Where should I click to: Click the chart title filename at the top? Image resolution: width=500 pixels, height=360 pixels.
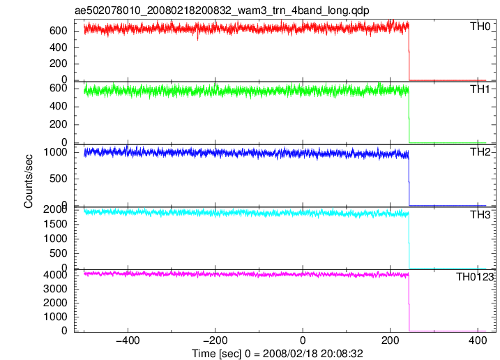[x=222, y=10]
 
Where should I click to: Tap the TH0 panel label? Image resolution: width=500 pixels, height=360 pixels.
[x=480, y=27]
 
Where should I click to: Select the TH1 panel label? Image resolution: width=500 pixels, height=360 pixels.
[x=480, y=89]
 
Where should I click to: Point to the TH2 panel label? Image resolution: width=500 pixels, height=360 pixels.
[x=480, y=152]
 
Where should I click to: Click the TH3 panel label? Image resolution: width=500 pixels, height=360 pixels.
[x=480, y=215]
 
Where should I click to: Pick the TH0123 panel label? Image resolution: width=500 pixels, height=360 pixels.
[x=474, y=277]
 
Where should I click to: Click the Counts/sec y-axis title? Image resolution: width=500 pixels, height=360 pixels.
[x=29, y=181]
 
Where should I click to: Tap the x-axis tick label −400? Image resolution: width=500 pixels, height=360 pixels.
[x=128, y=340]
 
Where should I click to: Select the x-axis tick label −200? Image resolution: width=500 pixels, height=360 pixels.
[x=215, y=340]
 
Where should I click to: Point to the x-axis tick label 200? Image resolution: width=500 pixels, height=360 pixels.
[x=391, y=340]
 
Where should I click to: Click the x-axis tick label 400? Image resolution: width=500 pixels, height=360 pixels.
[x=478, y=340]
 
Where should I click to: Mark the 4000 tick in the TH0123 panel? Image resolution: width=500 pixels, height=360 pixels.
[x=55, y=275]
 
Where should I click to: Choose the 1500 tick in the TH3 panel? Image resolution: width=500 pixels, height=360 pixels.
[x=55, y=224]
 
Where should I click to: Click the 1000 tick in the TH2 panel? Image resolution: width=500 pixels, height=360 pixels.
[x=55, y=152]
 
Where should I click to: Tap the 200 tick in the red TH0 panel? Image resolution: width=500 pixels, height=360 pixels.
[x=59, y=63]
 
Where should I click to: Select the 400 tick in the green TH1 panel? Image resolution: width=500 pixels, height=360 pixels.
[x=59, y=106]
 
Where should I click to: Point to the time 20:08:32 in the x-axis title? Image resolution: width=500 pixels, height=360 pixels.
[x=342, y=354]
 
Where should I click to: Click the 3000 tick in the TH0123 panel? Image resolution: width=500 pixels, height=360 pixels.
[x=55, y=289]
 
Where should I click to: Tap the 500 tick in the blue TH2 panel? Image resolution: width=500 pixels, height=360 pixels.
[x=59, y=179]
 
